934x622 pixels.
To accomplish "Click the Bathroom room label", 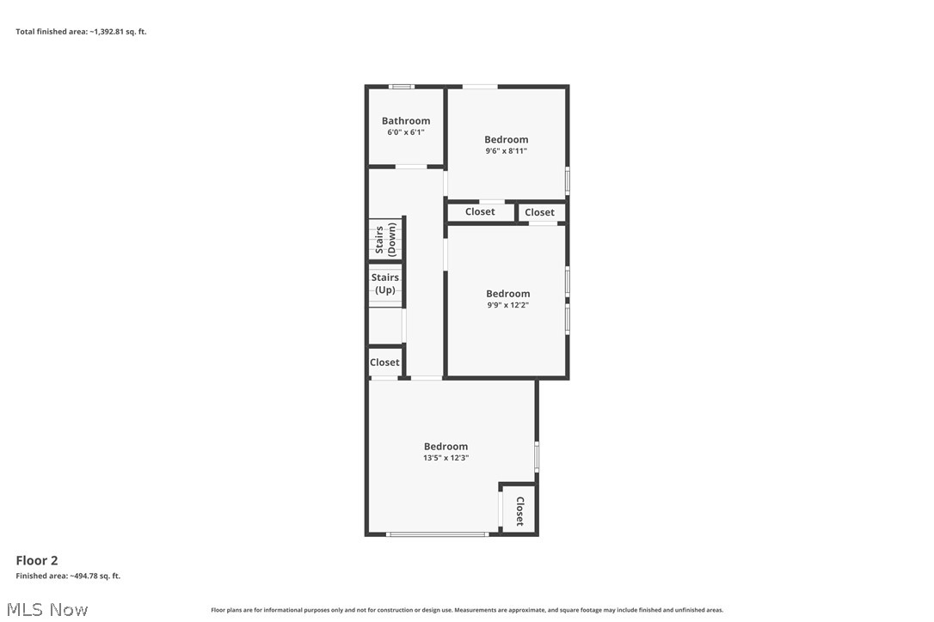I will click(406, 121).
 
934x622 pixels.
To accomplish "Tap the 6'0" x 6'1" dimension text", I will click(406, 132).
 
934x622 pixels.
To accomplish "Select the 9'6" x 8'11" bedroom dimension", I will click(506, 151).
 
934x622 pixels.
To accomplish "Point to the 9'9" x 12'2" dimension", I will click(507, 305).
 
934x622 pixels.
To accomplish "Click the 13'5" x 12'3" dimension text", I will click(445, 458).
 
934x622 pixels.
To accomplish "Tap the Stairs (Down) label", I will click(385, 240).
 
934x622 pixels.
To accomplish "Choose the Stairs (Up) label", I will click(385, 284).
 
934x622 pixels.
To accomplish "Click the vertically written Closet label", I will click(519, 511).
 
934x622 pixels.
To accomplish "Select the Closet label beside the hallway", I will click(384, 363).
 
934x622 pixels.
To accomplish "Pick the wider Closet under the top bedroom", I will click(480, 212).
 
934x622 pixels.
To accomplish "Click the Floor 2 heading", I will click(37, 561).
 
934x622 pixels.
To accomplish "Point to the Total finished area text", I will click(81, 32).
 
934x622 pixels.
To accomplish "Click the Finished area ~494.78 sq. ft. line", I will click(68, 576).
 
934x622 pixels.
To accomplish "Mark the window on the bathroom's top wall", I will click(401, 87).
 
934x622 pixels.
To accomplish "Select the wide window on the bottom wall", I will click(438, 534).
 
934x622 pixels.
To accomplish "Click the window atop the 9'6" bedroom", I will click(480, 87).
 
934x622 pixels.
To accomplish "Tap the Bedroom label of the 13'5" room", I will click(445, 447).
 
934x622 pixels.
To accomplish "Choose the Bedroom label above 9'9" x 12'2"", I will click(507, 294).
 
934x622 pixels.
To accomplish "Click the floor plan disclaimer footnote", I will click(467, 610).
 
